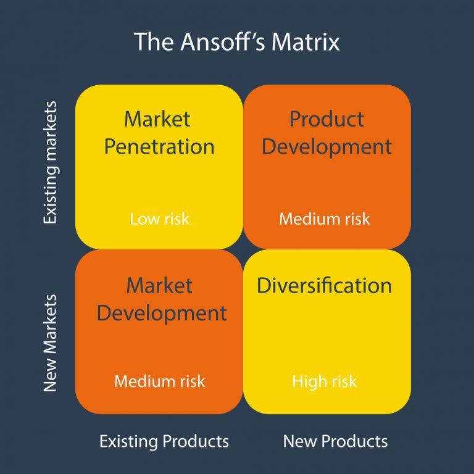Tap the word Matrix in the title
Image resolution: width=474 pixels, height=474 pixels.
[306, 43]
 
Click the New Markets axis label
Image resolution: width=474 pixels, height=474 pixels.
[50, 343]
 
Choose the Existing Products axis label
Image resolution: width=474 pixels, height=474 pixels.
[164, 441]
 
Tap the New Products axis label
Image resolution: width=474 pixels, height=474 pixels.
[335, 441]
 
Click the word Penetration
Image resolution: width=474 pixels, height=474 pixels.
[159, 147]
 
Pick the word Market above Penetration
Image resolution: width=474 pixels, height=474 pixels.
[157, 118]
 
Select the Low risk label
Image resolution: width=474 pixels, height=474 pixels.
[159, 218]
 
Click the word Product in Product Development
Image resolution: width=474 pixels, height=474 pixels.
[326, 118]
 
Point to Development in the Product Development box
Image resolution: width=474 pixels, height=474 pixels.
[326, 147]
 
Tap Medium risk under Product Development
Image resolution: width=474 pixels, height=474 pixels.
[325, 218]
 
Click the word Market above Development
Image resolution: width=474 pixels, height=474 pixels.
[159, 285]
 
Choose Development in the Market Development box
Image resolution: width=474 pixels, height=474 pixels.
[162, 313]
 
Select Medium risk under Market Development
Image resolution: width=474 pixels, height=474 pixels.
[159, 381]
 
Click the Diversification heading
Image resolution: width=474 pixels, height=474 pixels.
[324, 286]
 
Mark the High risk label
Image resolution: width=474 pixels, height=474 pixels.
[325, 381]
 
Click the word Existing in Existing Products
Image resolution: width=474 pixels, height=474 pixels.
[130, 441]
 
